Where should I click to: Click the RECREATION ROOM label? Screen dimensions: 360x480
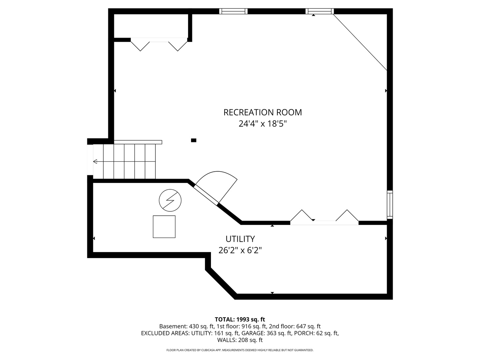(262, 112)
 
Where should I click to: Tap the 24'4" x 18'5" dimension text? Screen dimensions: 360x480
(262, 124)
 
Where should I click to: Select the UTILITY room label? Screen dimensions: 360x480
(240, 239)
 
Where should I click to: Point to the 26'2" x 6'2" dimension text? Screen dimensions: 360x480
(240, 250)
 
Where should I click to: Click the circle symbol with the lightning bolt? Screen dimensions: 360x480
(170, 201)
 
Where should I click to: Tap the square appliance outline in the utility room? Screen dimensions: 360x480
(164, 227)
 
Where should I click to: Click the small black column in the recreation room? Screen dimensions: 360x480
(194, 140)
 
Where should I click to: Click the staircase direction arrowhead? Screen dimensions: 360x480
(95, 162)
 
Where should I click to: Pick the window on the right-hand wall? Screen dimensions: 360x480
(390, 205)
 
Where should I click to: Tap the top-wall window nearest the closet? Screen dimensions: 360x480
(233, 11)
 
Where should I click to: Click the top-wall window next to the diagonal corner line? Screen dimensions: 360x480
(319, 11)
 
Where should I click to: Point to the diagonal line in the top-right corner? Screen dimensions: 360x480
(360, 42)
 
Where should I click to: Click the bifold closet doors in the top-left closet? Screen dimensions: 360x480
(159, 43)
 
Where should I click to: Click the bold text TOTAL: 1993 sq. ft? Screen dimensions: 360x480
(240, 319)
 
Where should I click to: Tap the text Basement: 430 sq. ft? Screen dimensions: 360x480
(186, 326)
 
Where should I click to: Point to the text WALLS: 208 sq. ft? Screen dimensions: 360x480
(240, 340)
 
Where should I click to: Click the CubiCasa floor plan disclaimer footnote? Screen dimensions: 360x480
(240, 350)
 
